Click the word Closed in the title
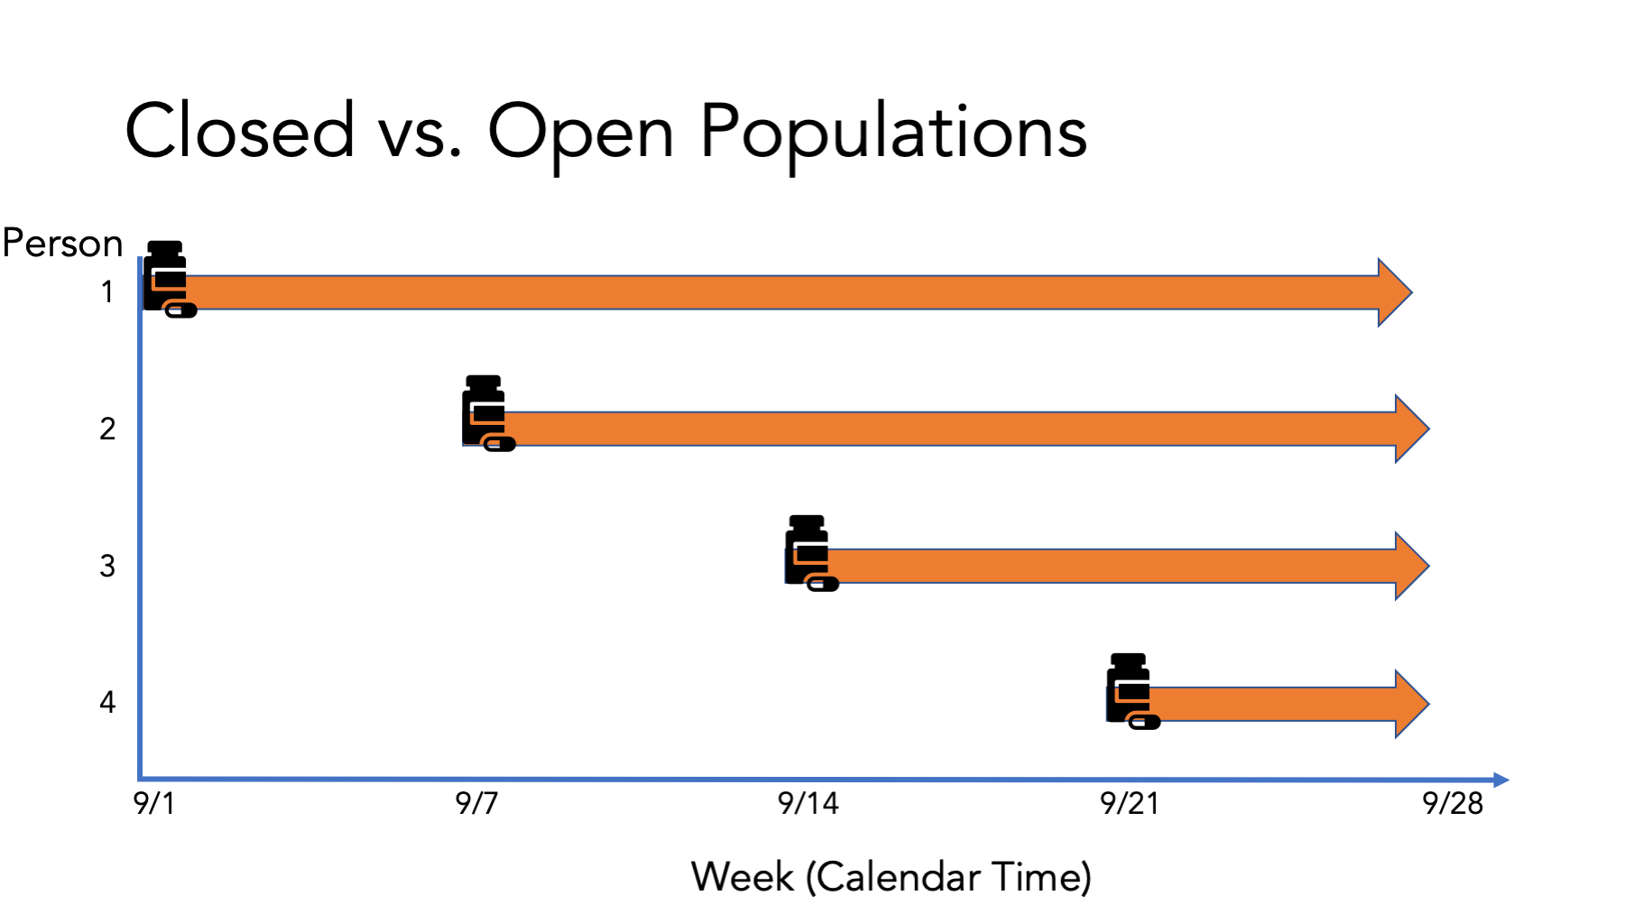(x=240, y=131)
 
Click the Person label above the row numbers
(x=62, y=244)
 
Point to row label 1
(x=107, y=292)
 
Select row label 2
(x=107, y=429)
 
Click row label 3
(x=107, y=566)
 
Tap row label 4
(x=107, y=702)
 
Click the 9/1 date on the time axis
(x=154, y=802)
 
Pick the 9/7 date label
(x=476, y=802)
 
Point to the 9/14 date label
(x=808, y=802)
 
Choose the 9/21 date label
(x=1130, y=802)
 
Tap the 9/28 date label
(x=1453, y=802)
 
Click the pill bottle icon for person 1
(x=168, y=278)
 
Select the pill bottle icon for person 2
(x=487, y=412)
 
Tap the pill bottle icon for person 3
(x=810, y=552)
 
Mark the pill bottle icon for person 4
(x=1131, y=690)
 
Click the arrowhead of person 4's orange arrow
(x=1411, y=704)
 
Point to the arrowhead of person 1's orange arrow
(x=1394, y=292)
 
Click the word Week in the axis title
(x=743, y=877)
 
